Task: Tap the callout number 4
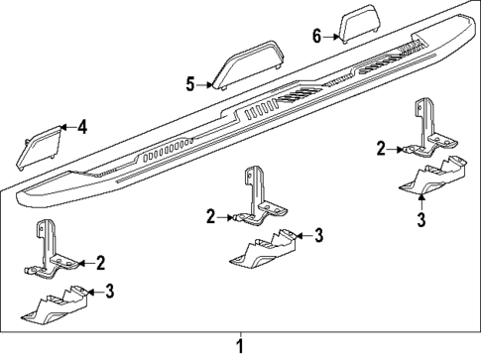(82, 127)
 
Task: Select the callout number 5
(190, 84)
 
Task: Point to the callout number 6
(316, 36)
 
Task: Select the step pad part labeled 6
(358, 24)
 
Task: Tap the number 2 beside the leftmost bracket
(100, 262)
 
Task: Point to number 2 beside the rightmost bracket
(380, 150)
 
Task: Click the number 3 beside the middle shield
(319, 235)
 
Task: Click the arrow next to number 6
(332, 36)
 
